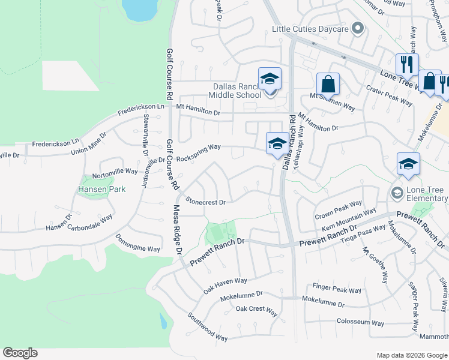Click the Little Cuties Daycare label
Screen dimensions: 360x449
310,29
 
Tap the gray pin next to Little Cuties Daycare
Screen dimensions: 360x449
358,28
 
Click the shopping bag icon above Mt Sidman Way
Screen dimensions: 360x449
328,84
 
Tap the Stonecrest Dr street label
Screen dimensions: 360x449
205,202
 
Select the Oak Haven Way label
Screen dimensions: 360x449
225,284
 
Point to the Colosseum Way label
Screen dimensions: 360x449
361,322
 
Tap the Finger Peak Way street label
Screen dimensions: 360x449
337,289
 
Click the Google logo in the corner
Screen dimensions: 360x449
20,353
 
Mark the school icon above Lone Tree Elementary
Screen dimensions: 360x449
408,164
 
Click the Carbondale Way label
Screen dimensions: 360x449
90,223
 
